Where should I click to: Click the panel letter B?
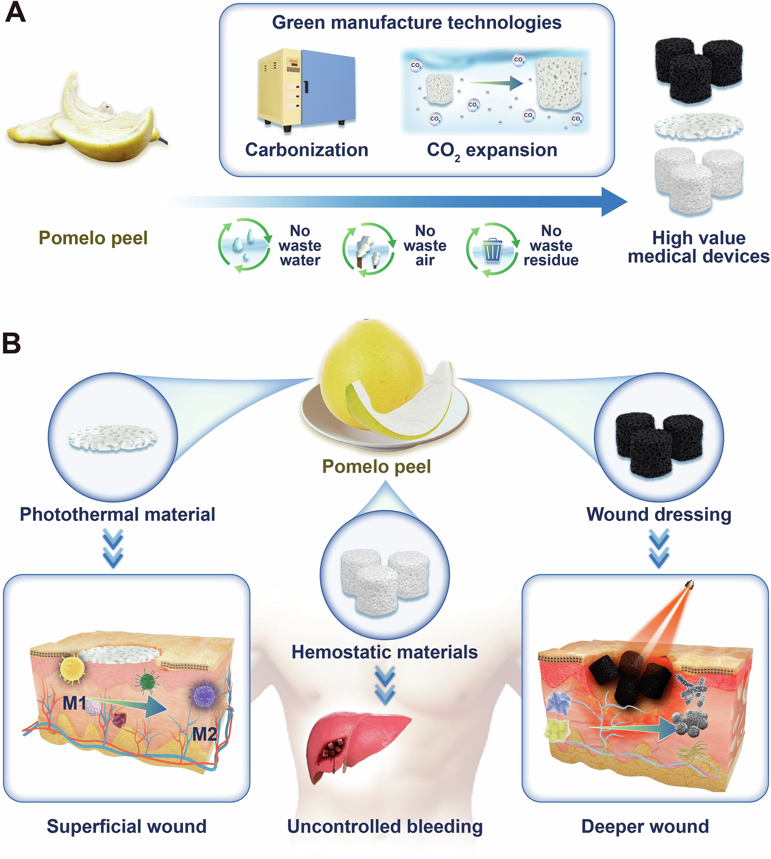coord(12,343)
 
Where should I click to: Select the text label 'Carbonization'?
coord(307,150)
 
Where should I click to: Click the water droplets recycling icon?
coord(244,245)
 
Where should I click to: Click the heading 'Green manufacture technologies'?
coord(416,22)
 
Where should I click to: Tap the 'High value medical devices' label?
coord(699,247)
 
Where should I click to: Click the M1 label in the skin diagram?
coord(74,704)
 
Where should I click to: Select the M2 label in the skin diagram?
coord(205,734)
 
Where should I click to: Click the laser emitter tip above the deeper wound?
coord(689,585)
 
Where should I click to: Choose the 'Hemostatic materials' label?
coord(385,652)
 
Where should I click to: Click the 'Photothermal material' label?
coord(117,514)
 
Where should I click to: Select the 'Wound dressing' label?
coord(659,514)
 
